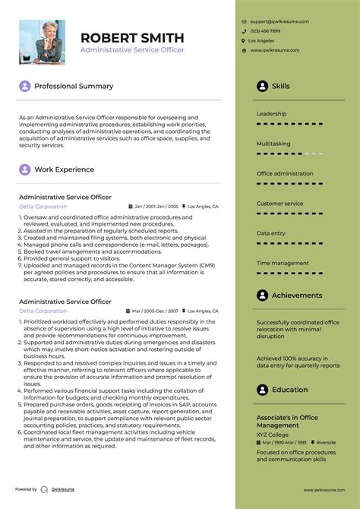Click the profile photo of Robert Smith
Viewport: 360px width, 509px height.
click(x=42, y=42)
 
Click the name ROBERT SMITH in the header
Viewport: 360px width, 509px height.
click(x=132, y=38)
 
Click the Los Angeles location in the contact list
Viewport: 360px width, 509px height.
click(x=262, y=40)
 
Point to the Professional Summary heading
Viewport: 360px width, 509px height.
click(x=74, y=87)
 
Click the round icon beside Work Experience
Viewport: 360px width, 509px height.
click(x=25, y=170)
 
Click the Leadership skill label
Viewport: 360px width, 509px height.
click(x=271, y=114)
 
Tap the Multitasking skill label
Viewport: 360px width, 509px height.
click(x=273, y=144)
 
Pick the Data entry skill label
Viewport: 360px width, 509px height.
click(x=271, y=233)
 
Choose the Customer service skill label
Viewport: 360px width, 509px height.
click(x=279, y=204)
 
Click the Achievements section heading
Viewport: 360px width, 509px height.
click(x=297, y=296)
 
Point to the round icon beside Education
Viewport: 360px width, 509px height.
click(x=262, y=390)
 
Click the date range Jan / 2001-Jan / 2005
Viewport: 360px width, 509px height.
click(x=156, y=207)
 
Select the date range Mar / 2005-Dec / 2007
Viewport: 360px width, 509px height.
click(x=156, y=311)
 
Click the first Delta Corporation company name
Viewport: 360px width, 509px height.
click(x=43, y=206)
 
